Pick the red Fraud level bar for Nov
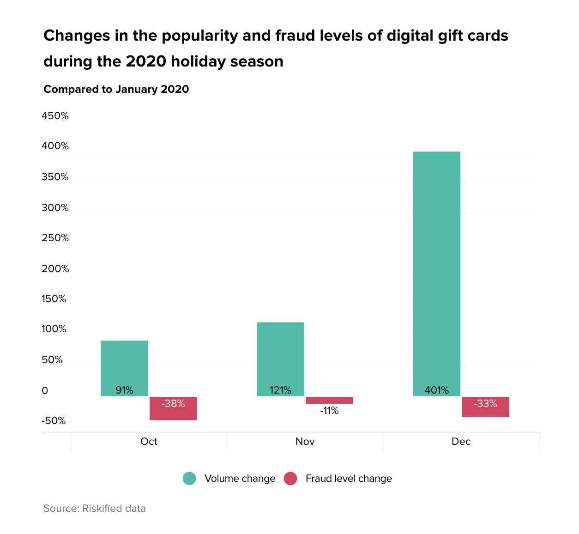[x=329, y=400]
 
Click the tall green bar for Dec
[x=436, y=273]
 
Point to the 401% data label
[x=436, y=390]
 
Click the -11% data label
[x=329, y=411]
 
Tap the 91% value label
[x=124, y=390]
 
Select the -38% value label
[x=173, y=404]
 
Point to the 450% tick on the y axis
[x=55, y=116]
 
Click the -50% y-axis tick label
[x=54, y=421]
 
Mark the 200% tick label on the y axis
[x=55, y=269]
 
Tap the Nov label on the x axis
[x=305, y=442]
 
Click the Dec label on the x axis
[x=461, y=442]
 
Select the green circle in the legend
[x=189, y=479]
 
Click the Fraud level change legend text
[x=349, y=479]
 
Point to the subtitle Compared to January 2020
[x=116, y=89]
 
